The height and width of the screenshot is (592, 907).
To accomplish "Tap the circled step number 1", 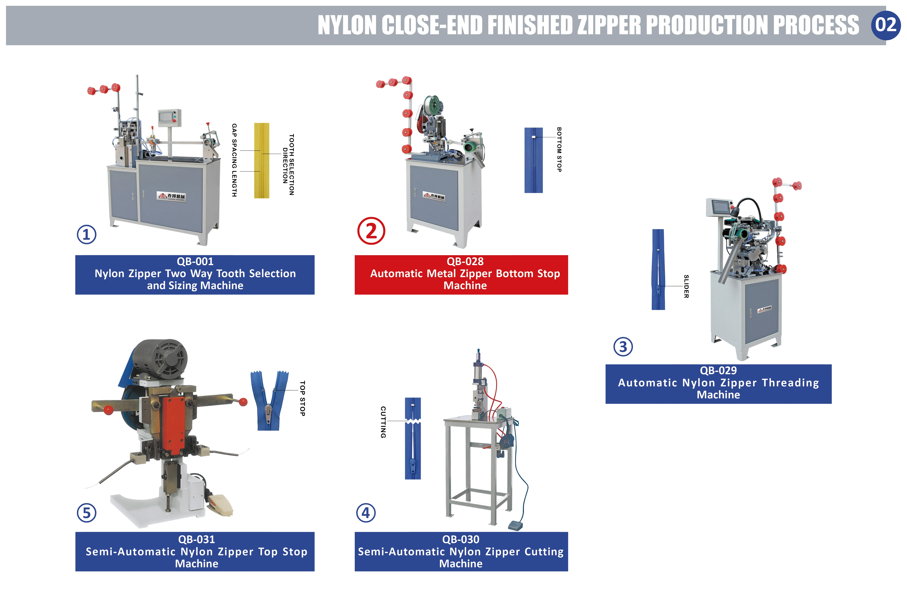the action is (87, 235).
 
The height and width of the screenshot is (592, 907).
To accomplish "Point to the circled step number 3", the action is (623, 347).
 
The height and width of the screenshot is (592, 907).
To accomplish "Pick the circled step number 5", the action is (87, 513).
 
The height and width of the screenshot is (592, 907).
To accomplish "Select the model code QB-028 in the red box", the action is (465, 261).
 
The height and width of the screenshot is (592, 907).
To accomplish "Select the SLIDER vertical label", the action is (686, 286).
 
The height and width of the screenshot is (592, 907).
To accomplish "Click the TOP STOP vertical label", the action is (302, 398).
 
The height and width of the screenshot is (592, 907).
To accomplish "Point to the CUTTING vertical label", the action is (383, 422).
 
